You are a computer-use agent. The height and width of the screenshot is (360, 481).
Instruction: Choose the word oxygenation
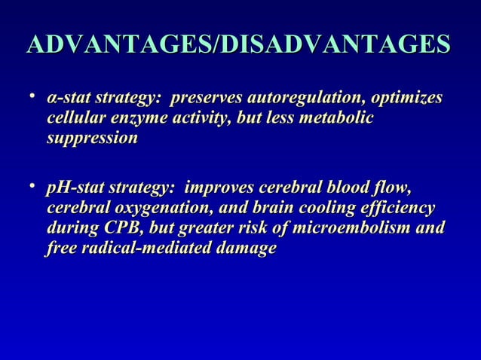(160, 208)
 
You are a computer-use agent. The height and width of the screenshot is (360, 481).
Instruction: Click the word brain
(289, 208)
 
